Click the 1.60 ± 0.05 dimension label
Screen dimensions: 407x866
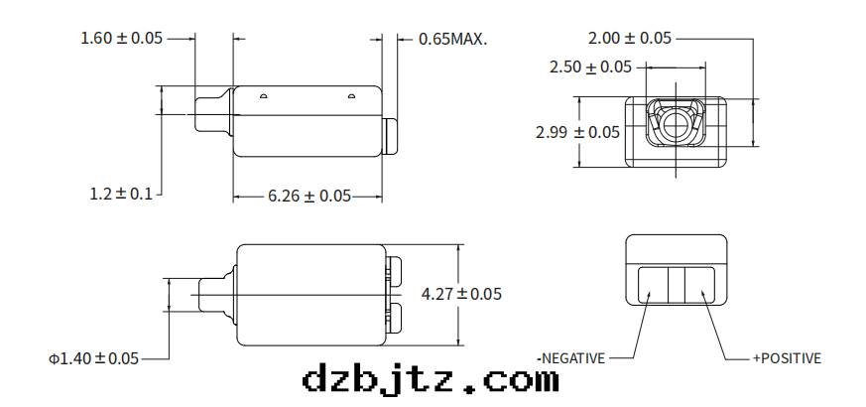(x=121, y=39)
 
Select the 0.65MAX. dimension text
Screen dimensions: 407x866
(x=453, y=40)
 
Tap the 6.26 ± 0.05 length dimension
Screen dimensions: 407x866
(x=309, y=197)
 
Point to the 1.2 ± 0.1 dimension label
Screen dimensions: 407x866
(x=121, y=195)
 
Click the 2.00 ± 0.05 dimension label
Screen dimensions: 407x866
(x=630, y=39)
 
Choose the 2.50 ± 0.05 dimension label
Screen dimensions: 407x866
(x=591, y=68)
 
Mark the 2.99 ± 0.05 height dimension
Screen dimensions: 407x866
(x=577, y=132)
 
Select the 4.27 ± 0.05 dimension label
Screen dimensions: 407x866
(x=462, y=294)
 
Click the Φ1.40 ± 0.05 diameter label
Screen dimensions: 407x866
(x=94, y=358)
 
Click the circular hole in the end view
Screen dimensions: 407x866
(x=677, y=124)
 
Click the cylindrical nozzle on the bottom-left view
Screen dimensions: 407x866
(x=213, y=295)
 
